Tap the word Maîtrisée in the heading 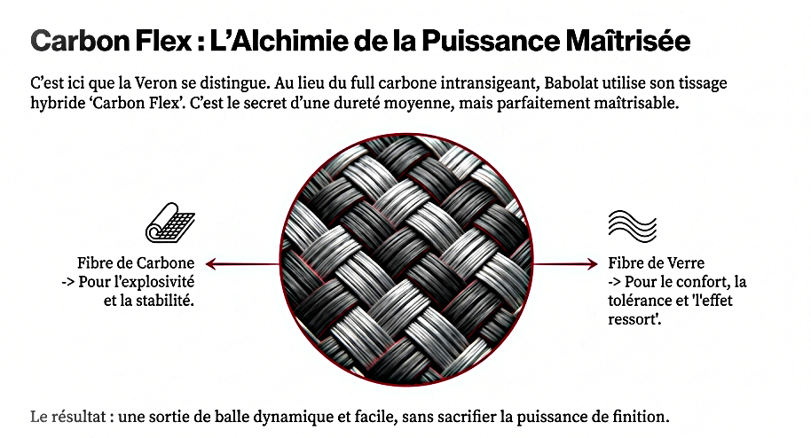pos(628,41)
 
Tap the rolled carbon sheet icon pos(170,223)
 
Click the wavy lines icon pos(632,226)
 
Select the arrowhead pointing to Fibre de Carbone pos(210,264)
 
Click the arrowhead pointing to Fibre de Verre pos(592,264)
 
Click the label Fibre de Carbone pos(136,262)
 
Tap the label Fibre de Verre pos(656,262)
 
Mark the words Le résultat pos(68,417)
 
